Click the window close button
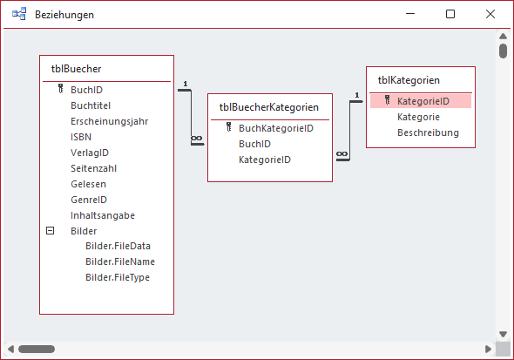pos(490,15)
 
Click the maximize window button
pos(450,15)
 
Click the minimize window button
pos(410,15)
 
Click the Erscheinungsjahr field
pos(110,121)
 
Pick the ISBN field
pos(81,137)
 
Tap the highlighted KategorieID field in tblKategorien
pos(423,101)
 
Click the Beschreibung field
pos(428,132)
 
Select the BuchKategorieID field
pos(276,128)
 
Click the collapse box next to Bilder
pos(50,231)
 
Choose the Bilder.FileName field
pos(120,262)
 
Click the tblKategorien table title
pos(409,81)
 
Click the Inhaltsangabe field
pos(103,215)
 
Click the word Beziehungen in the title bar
pos(65,15)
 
